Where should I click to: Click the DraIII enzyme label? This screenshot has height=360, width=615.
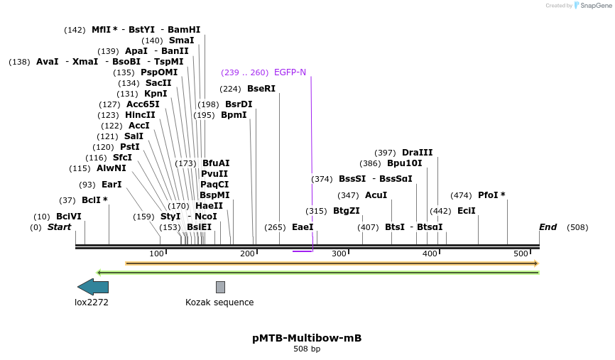pyautogui.click(x=417, y=153)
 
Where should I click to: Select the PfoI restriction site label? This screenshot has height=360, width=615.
pyautogui.click(x=491, y=195)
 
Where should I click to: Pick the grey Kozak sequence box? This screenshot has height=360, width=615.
pyautogui.click(x=220, y=287)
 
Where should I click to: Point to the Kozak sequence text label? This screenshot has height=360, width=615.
pyautogui.click(x=219, y=302)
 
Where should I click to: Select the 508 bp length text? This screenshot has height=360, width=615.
pyautogui.click(x=307, y=349)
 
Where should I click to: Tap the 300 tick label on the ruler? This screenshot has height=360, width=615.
pyautogui.click(x=339, y=254)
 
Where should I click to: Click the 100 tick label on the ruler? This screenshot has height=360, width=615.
pyautogui.click(x=156, y=254)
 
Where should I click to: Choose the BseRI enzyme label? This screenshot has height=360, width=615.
pyautogui.click(x=261, y=89)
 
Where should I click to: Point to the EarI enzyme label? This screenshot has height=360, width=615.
pyautogui.click(x=111, y=185)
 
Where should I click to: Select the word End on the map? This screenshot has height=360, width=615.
pyautogui.click(x=548, y=227)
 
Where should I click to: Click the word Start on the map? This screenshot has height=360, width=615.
pyautogui.click(x=59, y=227)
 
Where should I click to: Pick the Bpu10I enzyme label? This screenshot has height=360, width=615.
pyautogui.click(x=404, y=163)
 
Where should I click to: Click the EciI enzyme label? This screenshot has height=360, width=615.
pyautogui.click(x=466, y=211)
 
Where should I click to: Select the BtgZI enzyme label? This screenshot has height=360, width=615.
pyautogui.click(x=346, y=211)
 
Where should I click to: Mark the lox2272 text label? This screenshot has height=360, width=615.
pyautogui.click(x=92, y=302)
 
